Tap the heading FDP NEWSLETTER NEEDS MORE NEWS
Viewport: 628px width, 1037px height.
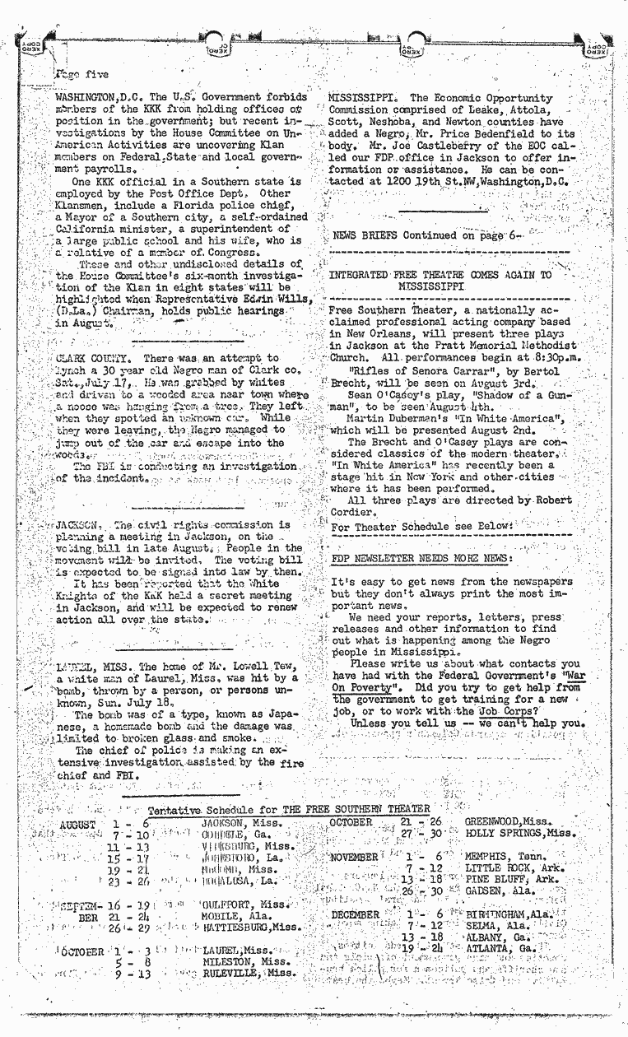[x=421, y=557]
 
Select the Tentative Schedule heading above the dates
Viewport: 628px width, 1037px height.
[x=289, y=810]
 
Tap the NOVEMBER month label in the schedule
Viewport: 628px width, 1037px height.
[x=353, y=857]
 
